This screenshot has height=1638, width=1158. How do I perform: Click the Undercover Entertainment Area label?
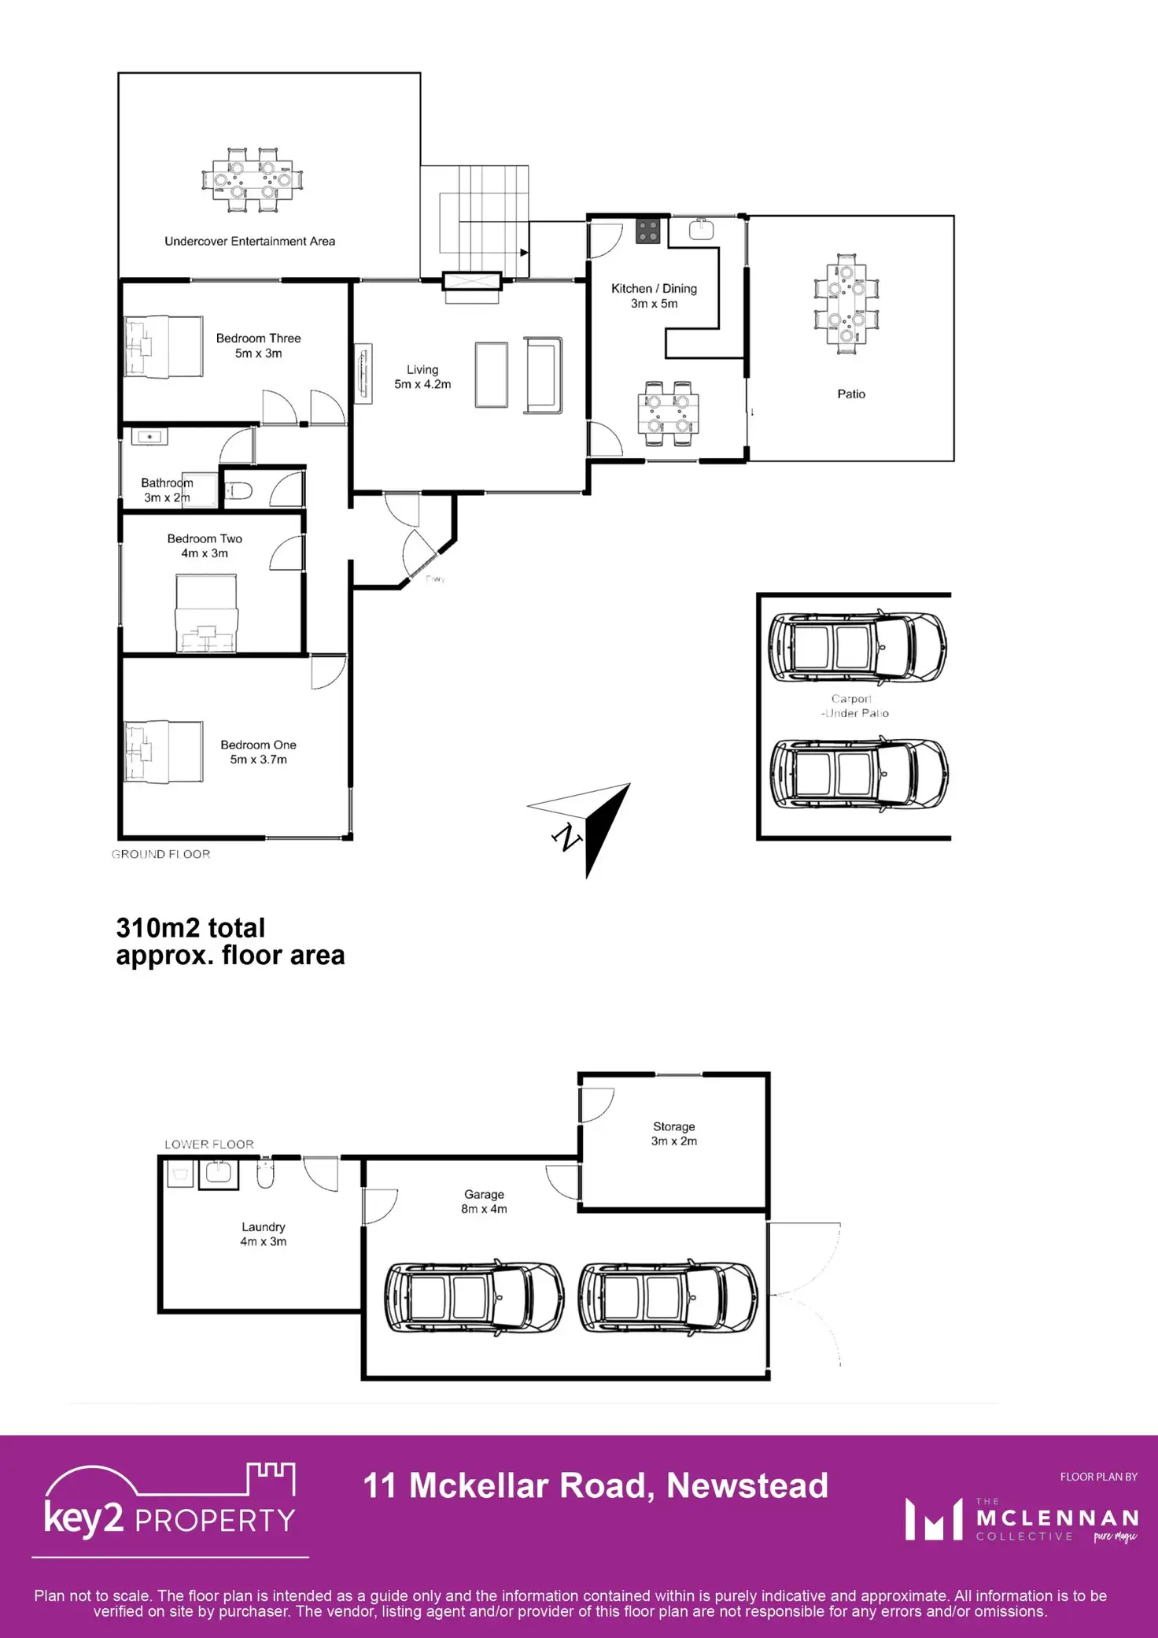[249, 241]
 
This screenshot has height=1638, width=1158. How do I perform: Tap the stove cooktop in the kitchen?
[648, 231]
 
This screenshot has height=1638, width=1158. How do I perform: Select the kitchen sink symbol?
[701, 229]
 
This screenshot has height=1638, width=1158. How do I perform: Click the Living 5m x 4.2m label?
[422, 377]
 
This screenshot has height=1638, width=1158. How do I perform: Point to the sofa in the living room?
[544, 375]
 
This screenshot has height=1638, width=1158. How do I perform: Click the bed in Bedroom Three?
[164, 347]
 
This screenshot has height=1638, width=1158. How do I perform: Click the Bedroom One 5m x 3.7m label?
[258, 752]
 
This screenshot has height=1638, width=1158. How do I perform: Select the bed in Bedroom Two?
[205, 613]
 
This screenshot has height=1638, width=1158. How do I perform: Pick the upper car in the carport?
[857, 646]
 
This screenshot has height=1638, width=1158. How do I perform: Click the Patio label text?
[850, 394]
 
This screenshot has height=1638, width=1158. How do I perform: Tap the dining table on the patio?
[846, 304]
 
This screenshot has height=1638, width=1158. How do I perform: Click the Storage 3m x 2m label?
[673, 1133]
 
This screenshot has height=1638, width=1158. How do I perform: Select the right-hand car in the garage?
[667, 1298]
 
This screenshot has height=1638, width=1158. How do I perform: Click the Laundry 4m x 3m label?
[263, 1233]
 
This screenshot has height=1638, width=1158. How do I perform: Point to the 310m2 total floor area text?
[230, 941]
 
